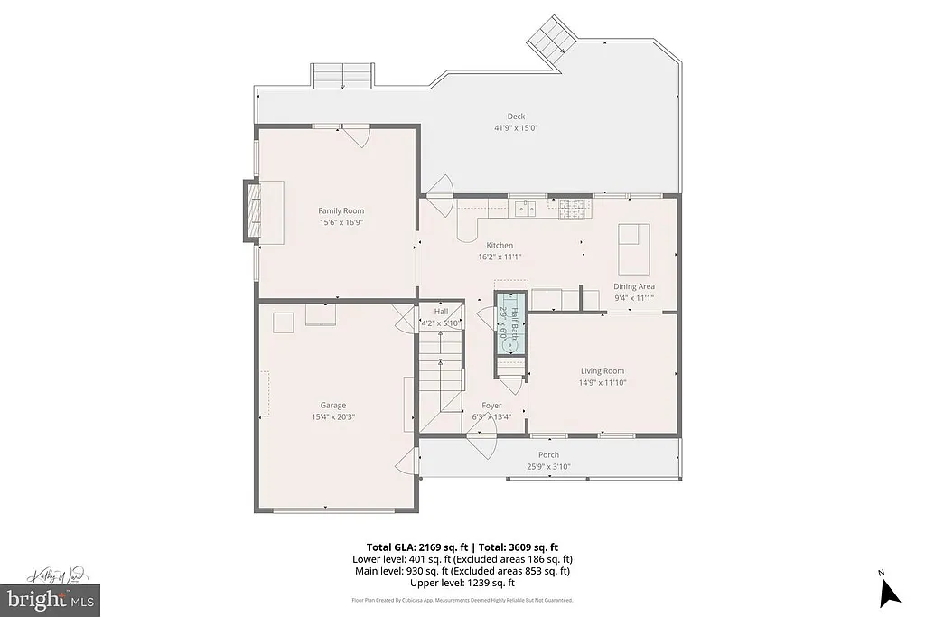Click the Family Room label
[x=341, y=210]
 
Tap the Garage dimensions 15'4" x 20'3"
[x=332, y=417]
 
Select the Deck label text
[x=516, y=116]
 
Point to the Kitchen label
[x=500, y=245]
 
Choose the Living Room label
[x=602, y=370]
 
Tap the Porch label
[x=548, y=454]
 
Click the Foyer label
[x=491, y=406]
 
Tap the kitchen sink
[x=525, y=209]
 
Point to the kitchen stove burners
[x=572, y=208]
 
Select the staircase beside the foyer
[x=441, y=370]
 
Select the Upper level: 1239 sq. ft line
[x=462, y=583]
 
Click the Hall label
[x=441, y=311]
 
